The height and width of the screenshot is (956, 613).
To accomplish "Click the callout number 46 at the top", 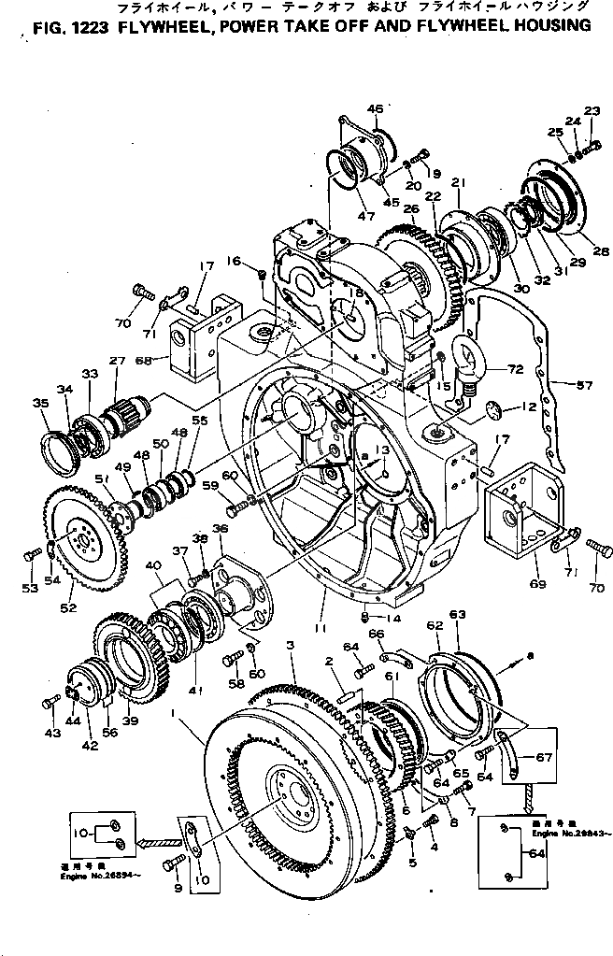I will tap(376, 110).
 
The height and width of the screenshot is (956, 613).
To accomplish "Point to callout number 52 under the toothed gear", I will tap(67, 608).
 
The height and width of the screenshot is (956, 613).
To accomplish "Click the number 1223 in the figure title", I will tap(81, 27).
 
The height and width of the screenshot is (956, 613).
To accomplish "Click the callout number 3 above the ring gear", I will tap(291, 646).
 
